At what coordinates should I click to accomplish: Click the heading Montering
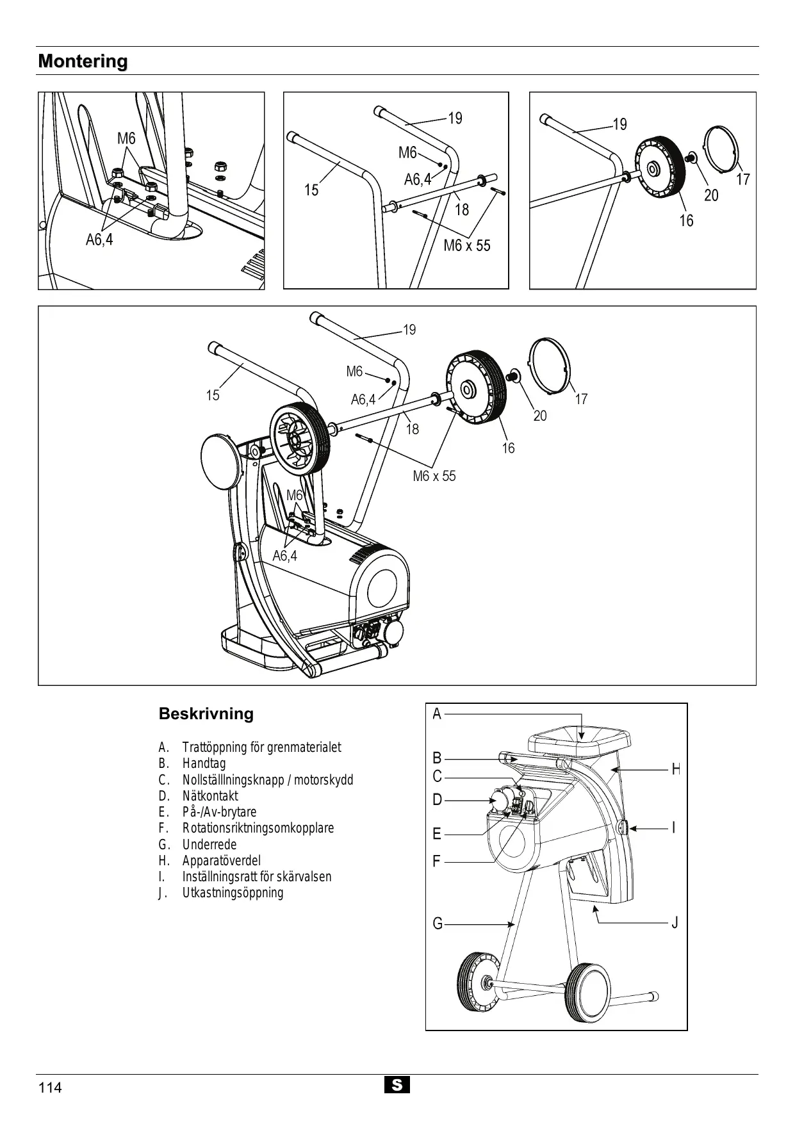(x=83, y=61)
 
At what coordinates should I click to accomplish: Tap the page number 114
(x=50, y=1087)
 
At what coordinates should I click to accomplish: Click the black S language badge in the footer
(x=397, y=1085)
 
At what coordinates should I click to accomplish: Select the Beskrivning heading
(x=206, y=714)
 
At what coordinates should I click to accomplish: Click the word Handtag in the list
(x=204, y=763)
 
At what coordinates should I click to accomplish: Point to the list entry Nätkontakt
(x=210, y=796)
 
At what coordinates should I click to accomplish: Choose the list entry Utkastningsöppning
(x=233, y=893)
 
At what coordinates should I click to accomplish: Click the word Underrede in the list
(x=209, y=845)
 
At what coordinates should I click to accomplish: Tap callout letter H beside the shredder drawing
(x=675, y=770)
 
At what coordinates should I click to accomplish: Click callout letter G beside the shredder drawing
(x=438, y=924)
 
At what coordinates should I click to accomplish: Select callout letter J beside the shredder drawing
(x=675, y=923)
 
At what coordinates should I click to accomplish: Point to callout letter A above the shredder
(x=437, y=714)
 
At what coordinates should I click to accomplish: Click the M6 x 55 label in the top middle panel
(x=467, y=245)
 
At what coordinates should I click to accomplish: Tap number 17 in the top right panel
(x=742, y=179)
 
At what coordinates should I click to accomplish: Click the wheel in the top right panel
(x=660, y=170)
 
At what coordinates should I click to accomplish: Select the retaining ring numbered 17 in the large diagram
(x=548, y=363)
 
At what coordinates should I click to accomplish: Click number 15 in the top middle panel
(x=311, y=190)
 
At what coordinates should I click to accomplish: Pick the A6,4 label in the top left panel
(x=99, y=240)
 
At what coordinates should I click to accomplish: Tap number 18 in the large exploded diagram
(x=413, y=429)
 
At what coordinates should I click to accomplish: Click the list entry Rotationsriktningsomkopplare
(x=258, y=828)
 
